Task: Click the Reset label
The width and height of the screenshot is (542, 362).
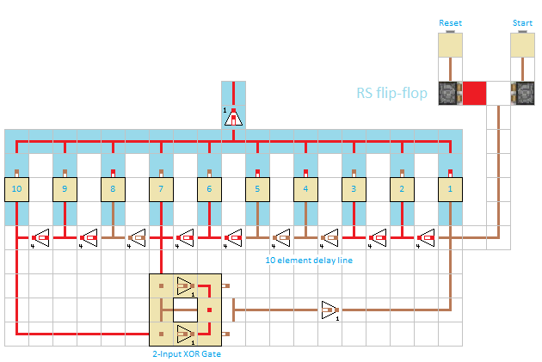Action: [450, 22]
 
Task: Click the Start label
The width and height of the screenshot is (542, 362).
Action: [522, 22]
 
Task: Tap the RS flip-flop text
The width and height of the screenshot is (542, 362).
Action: [392, 93]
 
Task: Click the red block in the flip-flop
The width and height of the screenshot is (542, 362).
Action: [475, 93]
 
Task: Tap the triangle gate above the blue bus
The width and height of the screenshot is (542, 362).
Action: [233, 117]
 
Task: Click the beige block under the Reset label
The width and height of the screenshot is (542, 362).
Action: [450, 45]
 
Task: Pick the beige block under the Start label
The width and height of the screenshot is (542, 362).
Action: [522, 45]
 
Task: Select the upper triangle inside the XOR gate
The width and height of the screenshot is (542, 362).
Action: [185, 285]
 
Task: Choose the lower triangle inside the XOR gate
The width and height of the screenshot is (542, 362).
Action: [185, 333]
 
